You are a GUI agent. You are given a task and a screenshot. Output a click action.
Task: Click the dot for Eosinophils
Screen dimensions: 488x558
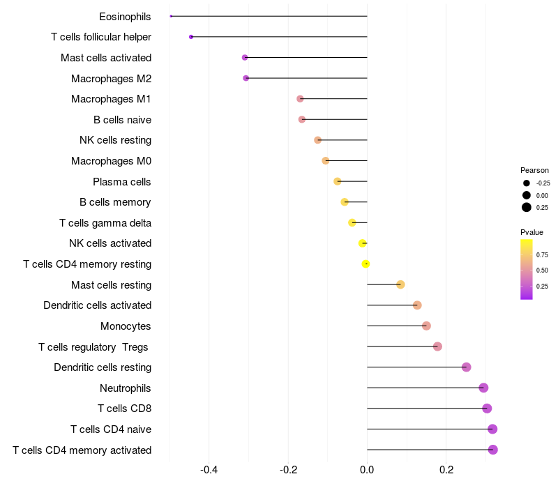[x=171, y=16]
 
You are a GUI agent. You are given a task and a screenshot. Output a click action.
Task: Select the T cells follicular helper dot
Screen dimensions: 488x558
[x=191, y=37]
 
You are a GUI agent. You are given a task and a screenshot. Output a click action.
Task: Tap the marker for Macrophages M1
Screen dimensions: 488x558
[x=300, y=99]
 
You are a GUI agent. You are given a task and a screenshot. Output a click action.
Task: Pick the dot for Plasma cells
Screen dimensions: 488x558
[x=338, y=181]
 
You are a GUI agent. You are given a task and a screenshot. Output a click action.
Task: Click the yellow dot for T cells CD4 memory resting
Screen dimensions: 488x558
[x=365, y=264]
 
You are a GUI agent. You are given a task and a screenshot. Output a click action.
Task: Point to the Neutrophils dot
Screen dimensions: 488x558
[x=483, y=388]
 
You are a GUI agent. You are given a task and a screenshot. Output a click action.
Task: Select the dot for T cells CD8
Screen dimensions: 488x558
[x=487, y=409]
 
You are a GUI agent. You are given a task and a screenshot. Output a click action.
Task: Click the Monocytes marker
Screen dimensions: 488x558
[x=426, y=326]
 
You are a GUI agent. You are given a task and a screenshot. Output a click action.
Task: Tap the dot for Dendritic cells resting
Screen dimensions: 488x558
[x=467, y=367]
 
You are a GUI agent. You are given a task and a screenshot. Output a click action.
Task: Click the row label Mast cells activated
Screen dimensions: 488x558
[x=106, y=58]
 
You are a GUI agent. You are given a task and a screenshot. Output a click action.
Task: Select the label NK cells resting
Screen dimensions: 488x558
[x=115, y=140]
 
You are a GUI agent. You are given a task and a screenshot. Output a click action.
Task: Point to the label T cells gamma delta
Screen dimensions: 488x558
[x=105, y=223]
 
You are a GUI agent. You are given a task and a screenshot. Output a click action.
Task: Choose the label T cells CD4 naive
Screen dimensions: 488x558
[x=111, y=429]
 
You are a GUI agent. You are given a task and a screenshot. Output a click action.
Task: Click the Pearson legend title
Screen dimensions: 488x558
[x=534, y=170]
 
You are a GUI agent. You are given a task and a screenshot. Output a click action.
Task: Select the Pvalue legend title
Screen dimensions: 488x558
[x=531, y=232]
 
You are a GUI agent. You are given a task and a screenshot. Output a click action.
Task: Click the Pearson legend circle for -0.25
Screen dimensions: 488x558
[x=527, y=183]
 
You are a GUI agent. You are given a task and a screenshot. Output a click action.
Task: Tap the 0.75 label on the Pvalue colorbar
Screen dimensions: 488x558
[x=542, y=254]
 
